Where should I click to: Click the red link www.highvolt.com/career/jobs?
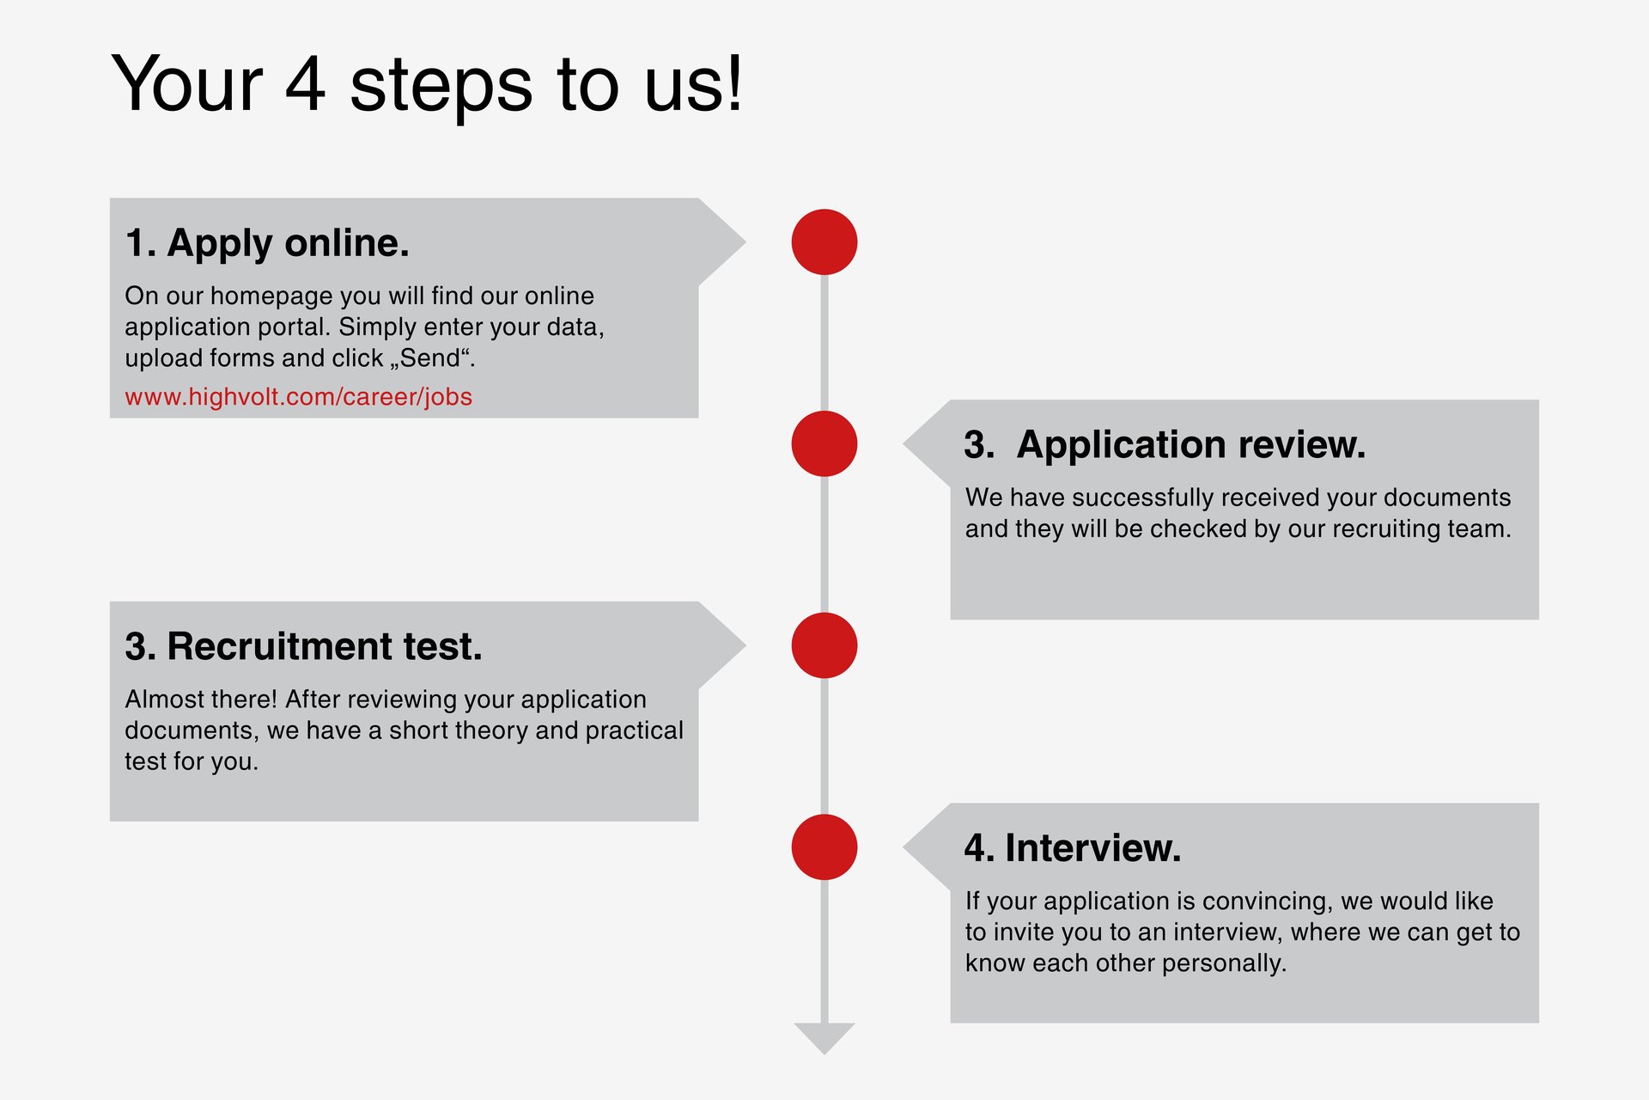[x=298, y=397]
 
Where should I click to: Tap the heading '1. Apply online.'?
[x=267, y=243]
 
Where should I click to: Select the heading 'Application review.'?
[x=1190, y=445]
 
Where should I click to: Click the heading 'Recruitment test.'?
[x=324, y=646]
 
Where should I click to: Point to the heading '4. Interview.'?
[x=1073, y=848]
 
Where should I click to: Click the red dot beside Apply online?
[x=824, y=242]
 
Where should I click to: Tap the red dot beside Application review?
[x=824, y=443]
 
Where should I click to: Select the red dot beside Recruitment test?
[x=824, y=645]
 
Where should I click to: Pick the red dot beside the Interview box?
[x=824, y=847]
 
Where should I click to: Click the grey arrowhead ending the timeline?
[x=824, y=1036]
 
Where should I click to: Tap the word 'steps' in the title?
[x=441, y=86]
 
